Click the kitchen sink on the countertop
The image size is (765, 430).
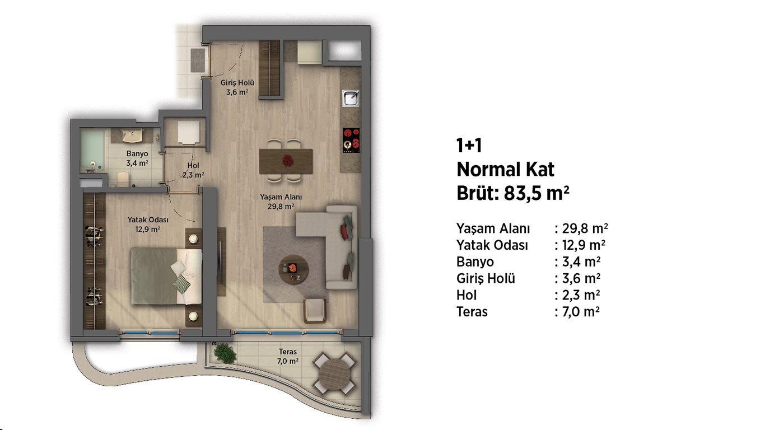pos(351,99)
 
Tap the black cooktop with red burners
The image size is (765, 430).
pos(352,141)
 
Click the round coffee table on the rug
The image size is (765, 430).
pos(293,269)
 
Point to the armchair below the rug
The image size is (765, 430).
pos(316,310)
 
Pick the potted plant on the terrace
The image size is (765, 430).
pos(225,353)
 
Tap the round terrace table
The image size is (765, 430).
pos(335,374)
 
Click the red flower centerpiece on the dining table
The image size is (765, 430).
pos(287,161)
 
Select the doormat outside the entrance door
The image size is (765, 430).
pos(197,60)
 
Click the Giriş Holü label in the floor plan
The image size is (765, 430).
pos(237,83)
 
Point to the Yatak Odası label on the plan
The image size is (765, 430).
pos(148,219)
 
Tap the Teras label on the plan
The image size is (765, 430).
pos(287,352)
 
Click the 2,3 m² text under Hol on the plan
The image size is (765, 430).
pos(193,175)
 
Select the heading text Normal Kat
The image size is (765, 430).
pos(505,170)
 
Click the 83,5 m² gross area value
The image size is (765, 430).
pos(537,193)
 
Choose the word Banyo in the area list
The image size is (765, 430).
pos(475,262)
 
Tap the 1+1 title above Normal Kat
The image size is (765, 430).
pos(469,145)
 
